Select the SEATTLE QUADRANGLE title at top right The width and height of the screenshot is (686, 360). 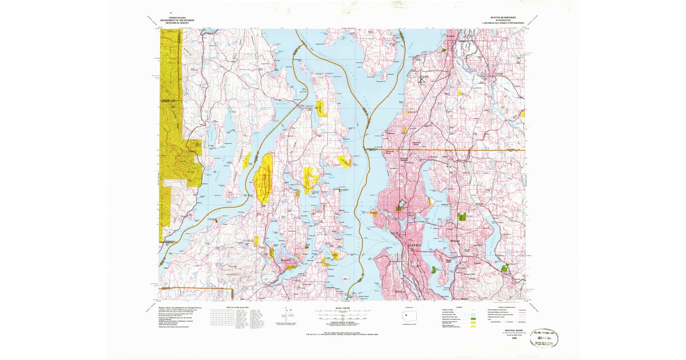coord(502,18)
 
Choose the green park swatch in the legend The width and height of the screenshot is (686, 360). coord(473,318)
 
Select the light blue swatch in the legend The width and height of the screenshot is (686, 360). coord(473,315)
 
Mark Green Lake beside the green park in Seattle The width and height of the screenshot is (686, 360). coord(401,203)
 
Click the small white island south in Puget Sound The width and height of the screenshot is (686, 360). coord(346,279)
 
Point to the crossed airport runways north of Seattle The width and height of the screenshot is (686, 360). coord(423,78)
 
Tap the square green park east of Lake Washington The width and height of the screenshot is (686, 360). coord(462,217)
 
